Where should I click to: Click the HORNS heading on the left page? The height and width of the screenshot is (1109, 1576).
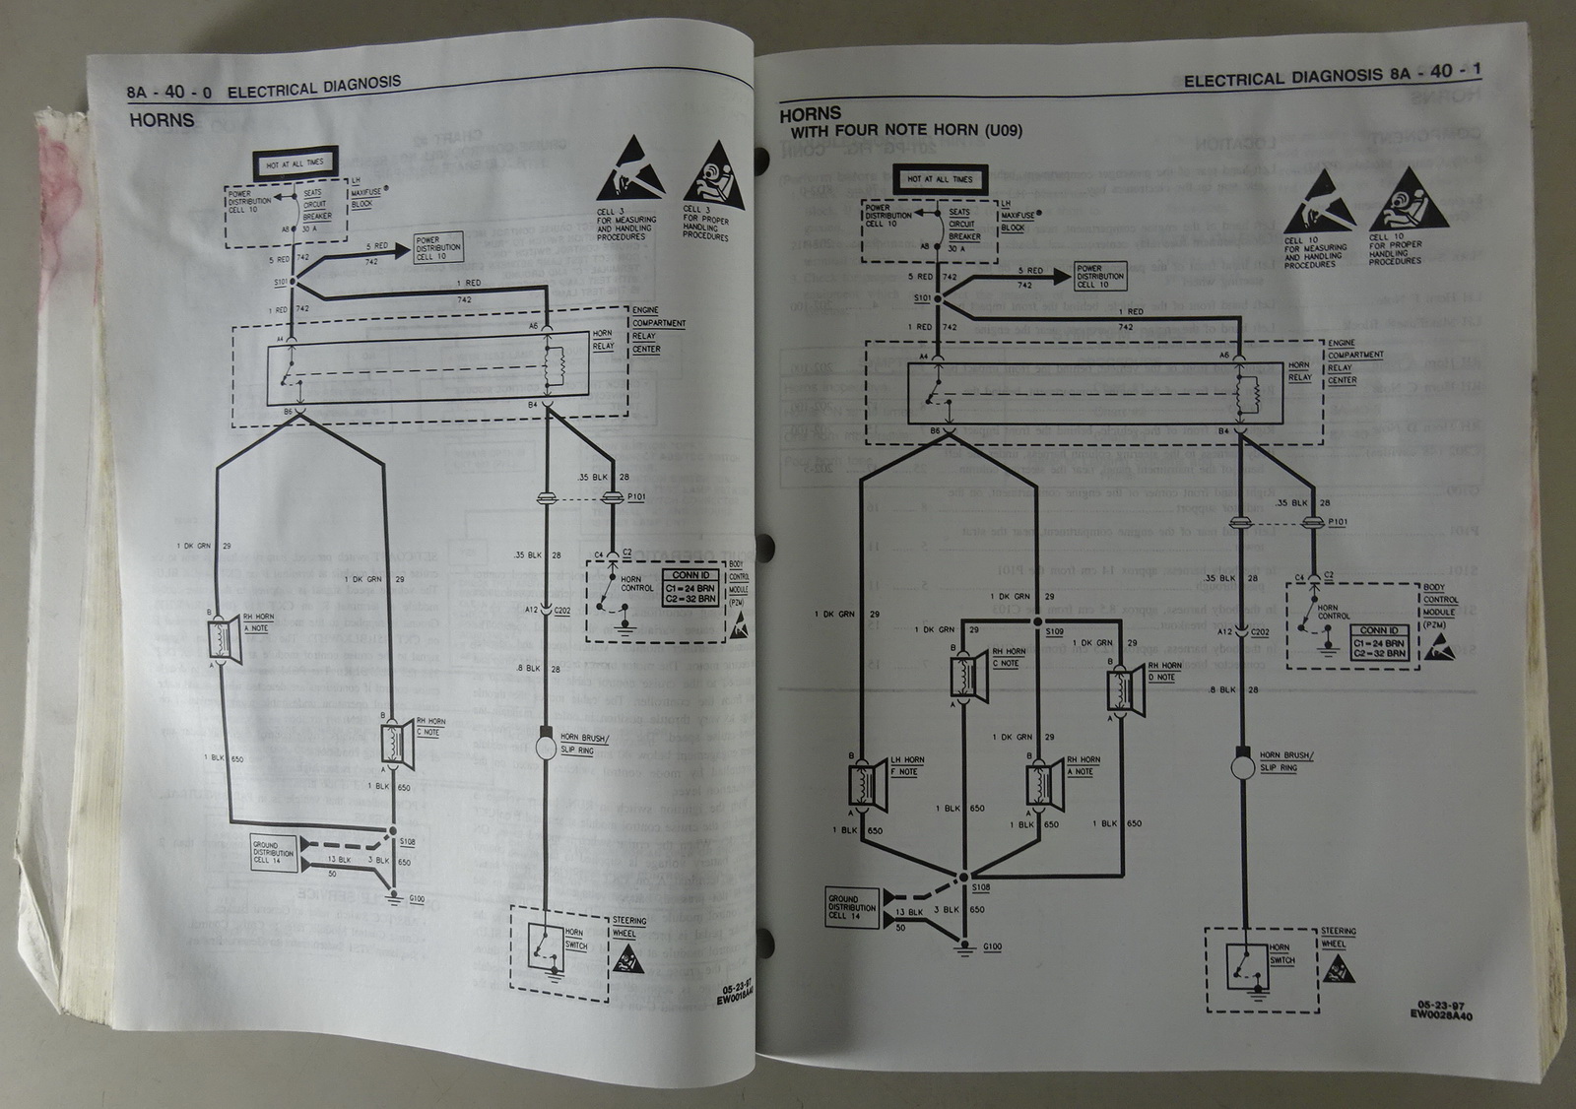pos(162,121)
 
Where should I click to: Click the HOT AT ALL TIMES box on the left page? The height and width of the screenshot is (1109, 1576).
pos(294,163)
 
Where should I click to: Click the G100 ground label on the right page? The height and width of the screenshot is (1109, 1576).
pos(993,946)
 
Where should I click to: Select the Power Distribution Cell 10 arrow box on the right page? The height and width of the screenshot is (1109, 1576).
pos(1099,276)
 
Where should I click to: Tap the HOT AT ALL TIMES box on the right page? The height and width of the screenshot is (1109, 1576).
pos(940,179)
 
